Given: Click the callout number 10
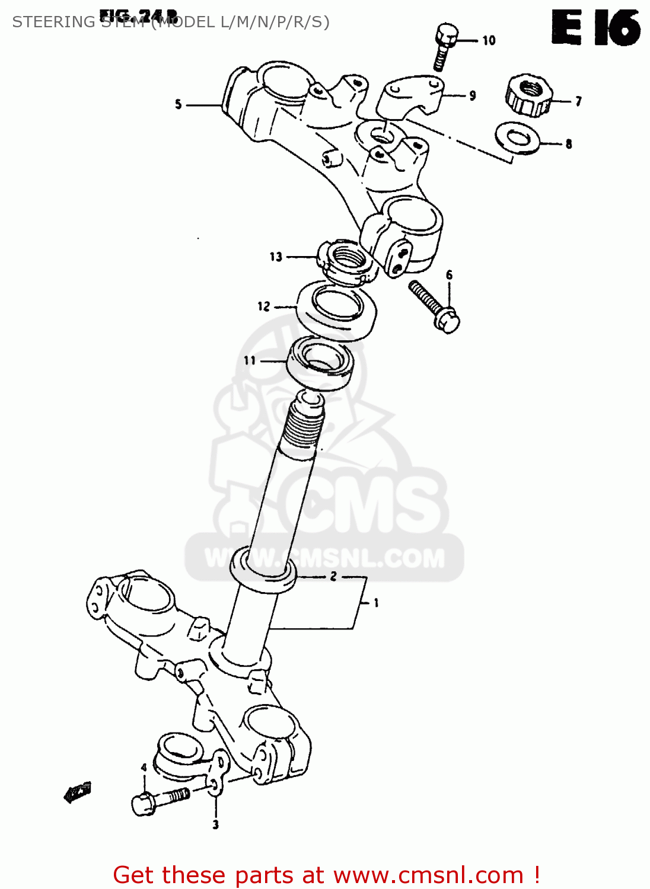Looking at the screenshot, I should point(489,40).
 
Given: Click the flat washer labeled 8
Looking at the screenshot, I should point(517,138).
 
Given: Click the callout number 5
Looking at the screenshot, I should point(178,105).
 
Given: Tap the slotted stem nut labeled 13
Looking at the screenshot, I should point(348,263).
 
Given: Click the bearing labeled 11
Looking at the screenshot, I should point(320,363).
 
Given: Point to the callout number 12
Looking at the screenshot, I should point(263,306).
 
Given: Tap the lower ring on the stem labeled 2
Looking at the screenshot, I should point(262,569).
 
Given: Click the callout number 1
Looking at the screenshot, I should point(376,603).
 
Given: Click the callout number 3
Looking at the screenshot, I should point(215,824).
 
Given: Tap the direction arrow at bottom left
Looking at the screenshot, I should point(77,792).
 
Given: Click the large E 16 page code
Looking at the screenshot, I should point(595,28).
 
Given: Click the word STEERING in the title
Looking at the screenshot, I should point(53,22).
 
